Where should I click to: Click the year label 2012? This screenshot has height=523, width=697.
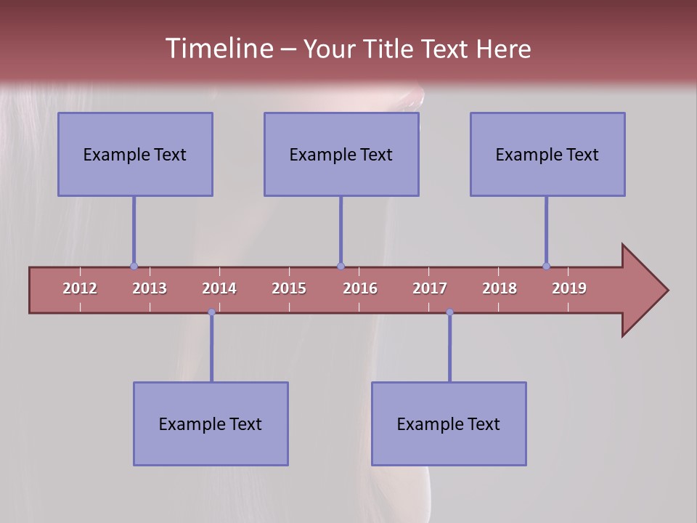(x=80, y=288)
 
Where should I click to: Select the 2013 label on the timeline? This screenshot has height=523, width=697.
(x=150, y=288)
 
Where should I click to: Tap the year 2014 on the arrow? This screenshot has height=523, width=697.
(x=219, y=288)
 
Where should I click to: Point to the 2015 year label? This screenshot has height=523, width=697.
(x=289, y=288)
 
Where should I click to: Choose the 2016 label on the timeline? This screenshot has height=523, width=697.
(x=360, y=288)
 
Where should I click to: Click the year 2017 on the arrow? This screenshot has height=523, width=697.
(x=430, y=288)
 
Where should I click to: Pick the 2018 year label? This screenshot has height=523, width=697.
(x=500, y=288)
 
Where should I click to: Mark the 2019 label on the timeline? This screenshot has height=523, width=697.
(x=569, y=288)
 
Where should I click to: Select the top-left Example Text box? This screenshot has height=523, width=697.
(x=135, y=154)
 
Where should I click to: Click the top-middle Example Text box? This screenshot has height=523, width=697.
(x=341, y=154)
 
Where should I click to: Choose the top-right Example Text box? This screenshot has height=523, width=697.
(x=547, y=154)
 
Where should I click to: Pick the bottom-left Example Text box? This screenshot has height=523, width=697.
(x=211, y=423)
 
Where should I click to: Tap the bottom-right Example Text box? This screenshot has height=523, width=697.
(x=449, y=423)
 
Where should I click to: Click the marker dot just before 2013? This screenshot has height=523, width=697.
(x=134, y=267)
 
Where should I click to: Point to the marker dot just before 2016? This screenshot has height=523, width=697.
(x=341, y=267)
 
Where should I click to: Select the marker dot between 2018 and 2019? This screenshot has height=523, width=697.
(x=546, y=267)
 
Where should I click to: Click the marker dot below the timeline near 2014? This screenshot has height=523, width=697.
(x=211, y=312)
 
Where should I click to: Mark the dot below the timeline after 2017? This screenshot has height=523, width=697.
(x=449, y=312)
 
